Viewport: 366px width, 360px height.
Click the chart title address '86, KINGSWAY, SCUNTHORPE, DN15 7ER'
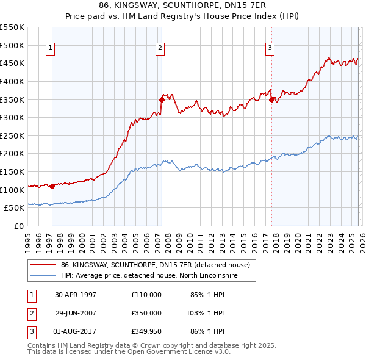[182, 6]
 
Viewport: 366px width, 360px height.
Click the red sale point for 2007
[162, 99]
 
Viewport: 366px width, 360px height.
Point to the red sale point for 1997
[52, 186]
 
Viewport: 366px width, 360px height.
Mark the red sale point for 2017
[271, 99]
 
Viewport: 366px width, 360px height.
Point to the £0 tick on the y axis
[18, 226]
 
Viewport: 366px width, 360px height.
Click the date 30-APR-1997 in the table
[76, 295]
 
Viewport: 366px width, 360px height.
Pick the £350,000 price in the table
[146, 313]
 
